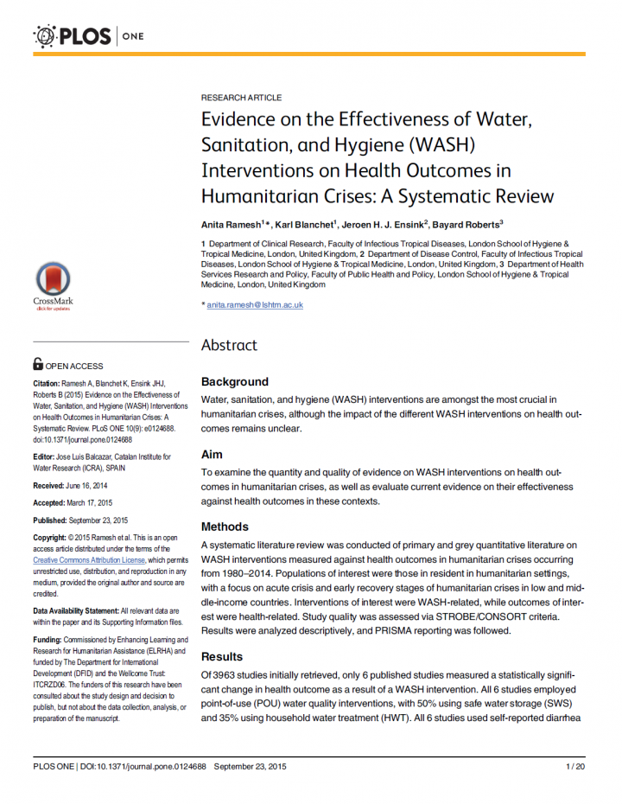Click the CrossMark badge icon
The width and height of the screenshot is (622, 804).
click(x=53, y=281)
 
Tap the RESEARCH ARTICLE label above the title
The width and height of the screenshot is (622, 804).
click(x=241, y=98)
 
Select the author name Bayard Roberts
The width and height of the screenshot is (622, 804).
click(x=466, y=225)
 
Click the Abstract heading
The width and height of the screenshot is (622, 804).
click(x=229, y=345)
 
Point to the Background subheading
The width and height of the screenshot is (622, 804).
click(x=234, y=381)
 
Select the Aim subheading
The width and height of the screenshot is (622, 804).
click(x=212, y=455)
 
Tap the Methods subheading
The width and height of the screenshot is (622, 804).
click(x=225, y=526)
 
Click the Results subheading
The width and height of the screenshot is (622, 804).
click(x=222, y=656)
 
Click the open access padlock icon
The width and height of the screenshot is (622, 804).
click(x=37, y=365)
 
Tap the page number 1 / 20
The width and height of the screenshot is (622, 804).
click(x=575, y=766)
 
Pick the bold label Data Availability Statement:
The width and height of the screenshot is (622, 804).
click(x=75, y=610)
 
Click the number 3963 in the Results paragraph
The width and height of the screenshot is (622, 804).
click(x=228, y=673)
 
